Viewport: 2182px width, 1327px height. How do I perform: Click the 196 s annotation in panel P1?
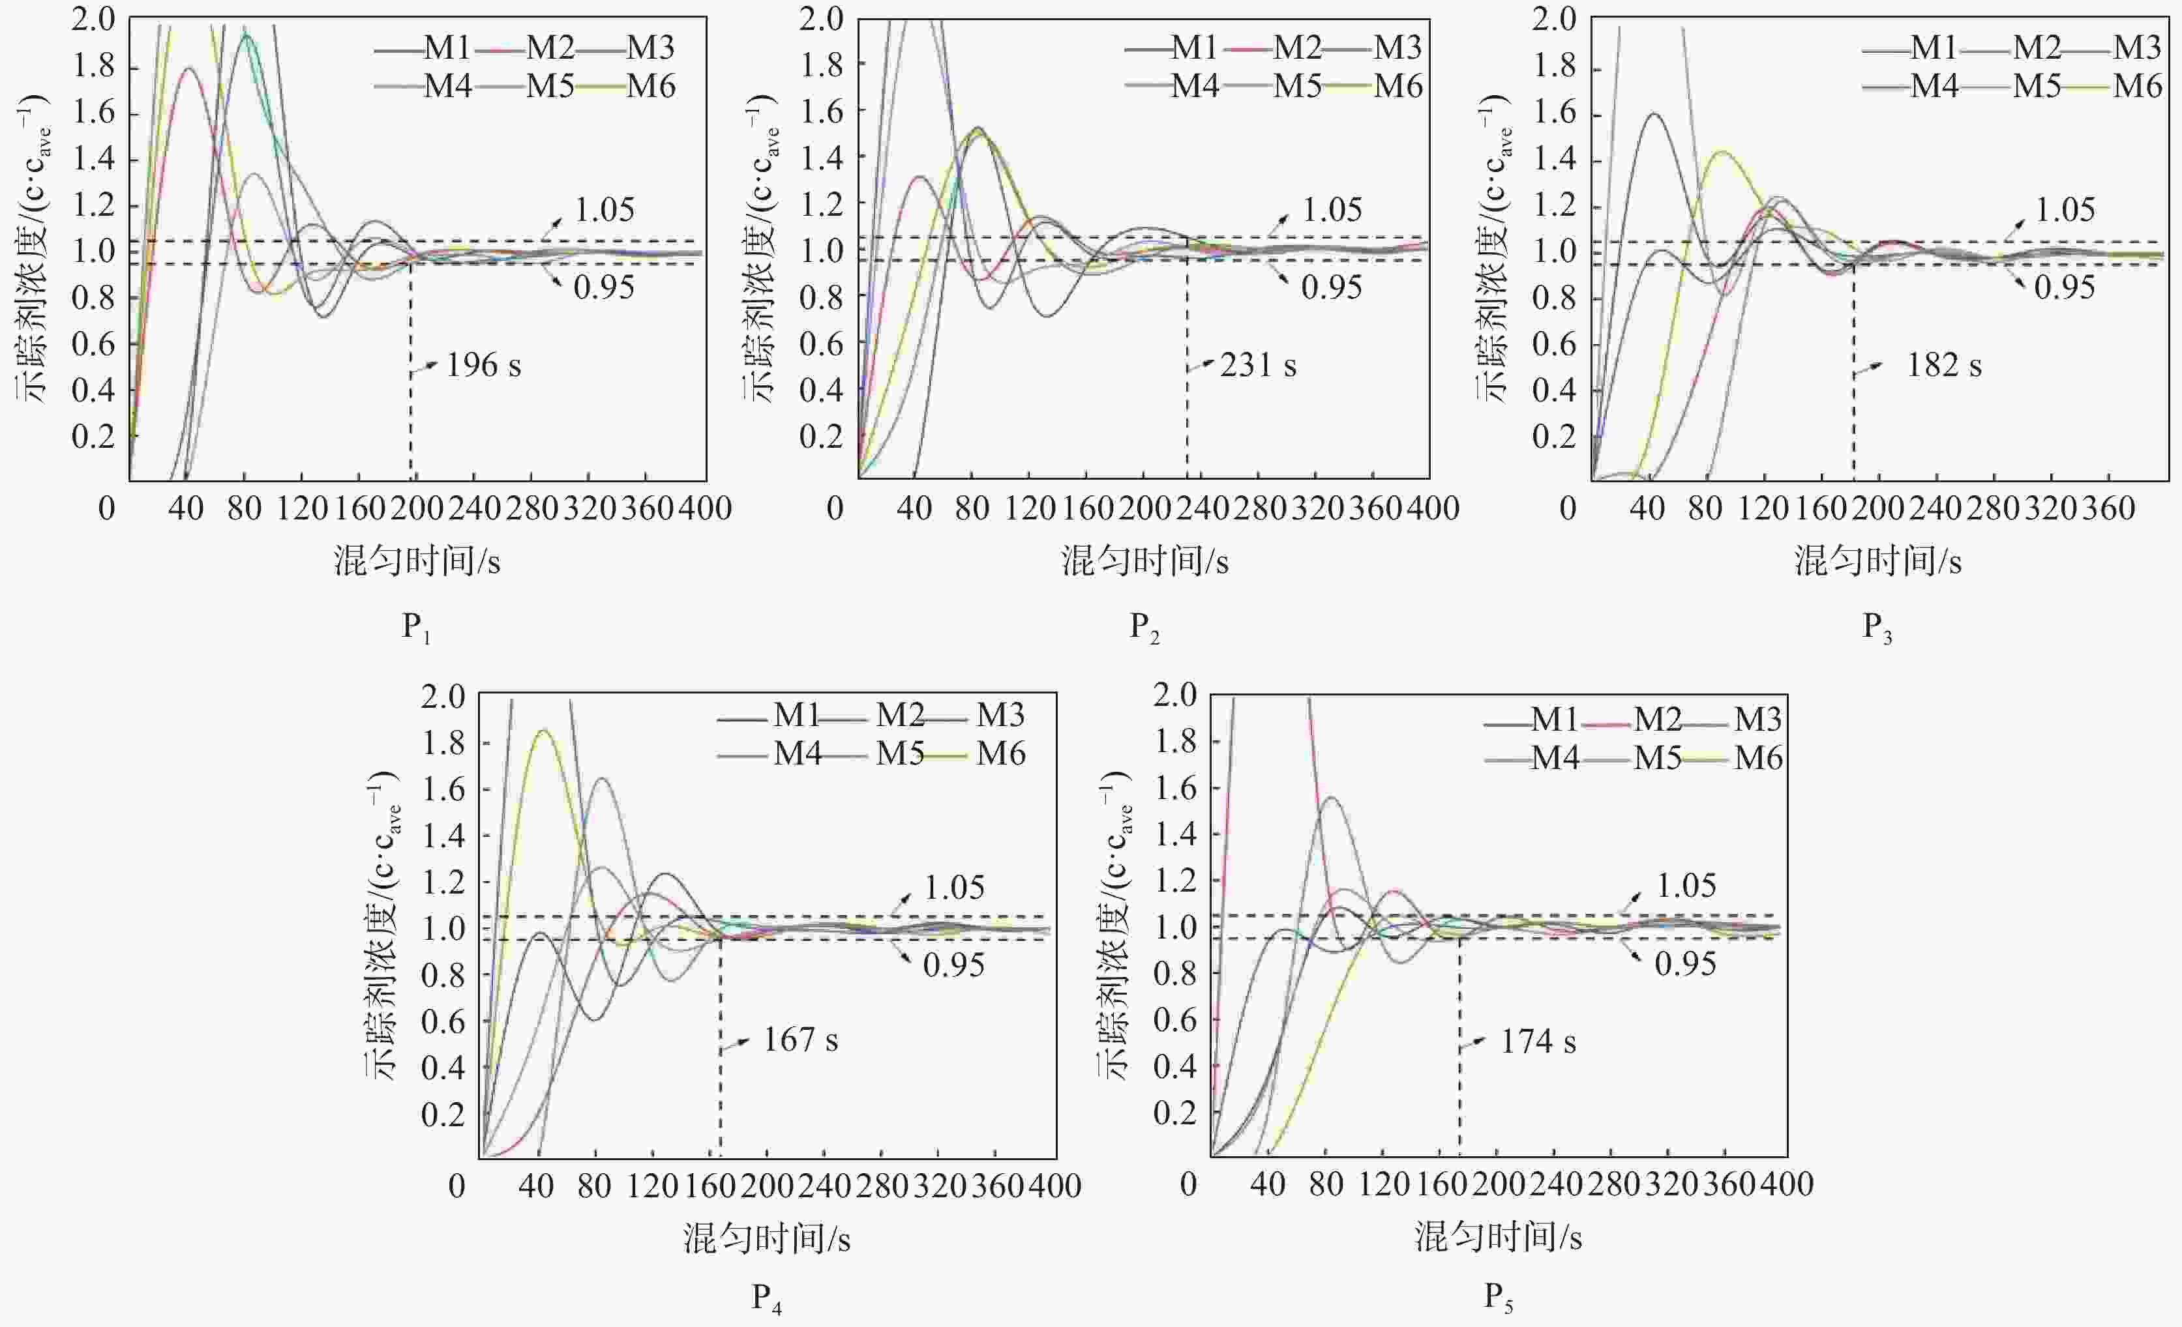tap(483, 365)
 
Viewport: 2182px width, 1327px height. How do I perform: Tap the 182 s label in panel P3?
tap(1944, 365)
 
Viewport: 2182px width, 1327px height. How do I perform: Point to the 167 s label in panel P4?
tap(801, 1040)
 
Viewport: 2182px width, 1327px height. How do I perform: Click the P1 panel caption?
tap(416, 628)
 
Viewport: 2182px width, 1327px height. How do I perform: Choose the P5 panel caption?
tap(1499, 1298)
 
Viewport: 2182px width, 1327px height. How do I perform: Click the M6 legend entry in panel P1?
tap(651, 87)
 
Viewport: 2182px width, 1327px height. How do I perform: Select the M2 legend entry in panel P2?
tap(1296, 48)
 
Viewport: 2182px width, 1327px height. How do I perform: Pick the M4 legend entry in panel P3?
tap(1934, 87)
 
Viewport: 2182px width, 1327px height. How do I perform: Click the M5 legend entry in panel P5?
tap(1657, 758)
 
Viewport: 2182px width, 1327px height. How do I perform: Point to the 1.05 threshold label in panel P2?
tap(1332, 210)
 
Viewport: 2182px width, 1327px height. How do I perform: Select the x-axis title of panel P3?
tap(1877, 561)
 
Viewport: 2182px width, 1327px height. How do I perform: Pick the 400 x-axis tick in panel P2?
tap(1432, 508)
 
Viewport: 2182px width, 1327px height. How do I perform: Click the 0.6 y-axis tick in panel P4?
tap(443, 1021)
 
